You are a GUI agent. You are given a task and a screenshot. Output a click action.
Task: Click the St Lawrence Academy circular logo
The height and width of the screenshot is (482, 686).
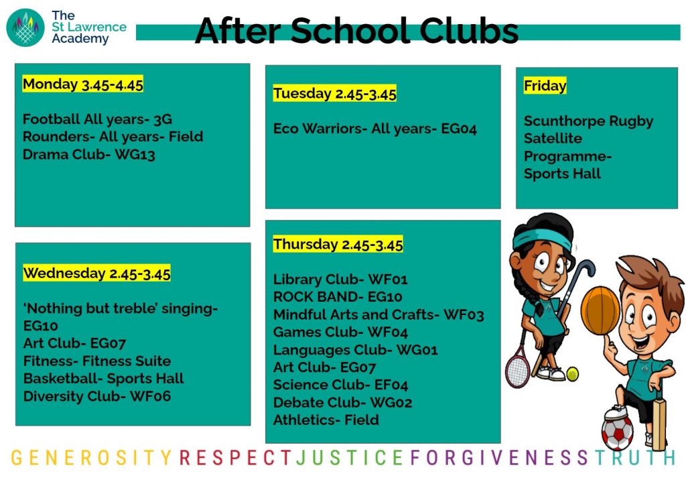[25, 27]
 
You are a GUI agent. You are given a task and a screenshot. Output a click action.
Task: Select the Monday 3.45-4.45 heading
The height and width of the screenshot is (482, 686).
[83, 84]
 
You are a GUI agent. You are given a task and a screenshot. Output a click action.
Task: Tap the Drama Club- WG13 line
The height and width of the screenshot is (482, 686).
[89, 155]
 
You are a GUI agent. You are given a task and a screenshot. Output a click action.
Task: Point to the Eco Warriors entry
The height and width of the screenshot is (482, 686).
[375, 129]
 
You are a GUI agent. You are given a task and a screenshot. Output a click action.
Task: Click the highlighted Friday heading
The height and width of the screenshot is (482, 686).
[545, 85]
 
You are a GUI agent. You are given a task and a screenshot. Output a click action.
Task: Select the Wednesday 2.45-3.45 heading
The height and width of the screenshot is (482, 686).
[96, 273]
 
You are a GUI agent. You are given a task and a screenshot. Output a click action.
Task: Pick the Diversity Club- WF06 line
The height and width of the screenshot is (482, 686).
[97, 396]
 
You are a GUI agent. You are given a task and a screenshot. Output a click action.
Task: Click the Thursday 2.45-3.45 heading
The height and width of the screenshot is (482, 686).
[338, 244]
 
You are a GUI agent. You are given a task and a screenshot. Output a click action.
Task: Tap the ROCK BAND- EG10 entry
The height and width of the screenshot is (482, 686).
[338, 297]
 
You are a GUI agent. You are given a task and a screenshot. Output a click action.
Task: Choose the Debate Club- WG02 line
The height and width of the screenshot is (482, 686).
[342, 402]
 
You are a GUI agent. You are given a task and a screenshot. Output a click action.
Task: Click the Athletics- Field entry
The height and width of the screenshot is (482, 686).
[326, 420]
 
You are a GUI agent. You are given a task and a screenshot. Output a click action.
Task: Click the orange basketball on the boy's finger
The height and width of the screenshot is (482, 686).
[600, 310]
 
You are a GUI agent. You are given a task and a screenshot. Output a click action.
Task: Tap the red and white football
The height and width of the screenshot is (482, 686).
[617, 431]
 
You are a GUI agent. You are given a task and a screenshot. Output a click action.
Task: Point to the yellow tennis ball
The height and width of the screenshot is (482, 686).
[572, 374]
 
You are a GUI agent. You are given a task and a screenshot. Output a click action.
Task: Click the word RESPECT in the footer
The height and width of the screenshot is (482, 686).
[235, 457]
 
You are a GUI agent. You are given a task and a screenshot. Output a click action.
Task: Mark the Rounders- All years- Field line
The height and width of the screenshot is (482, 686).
[113, 137]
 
